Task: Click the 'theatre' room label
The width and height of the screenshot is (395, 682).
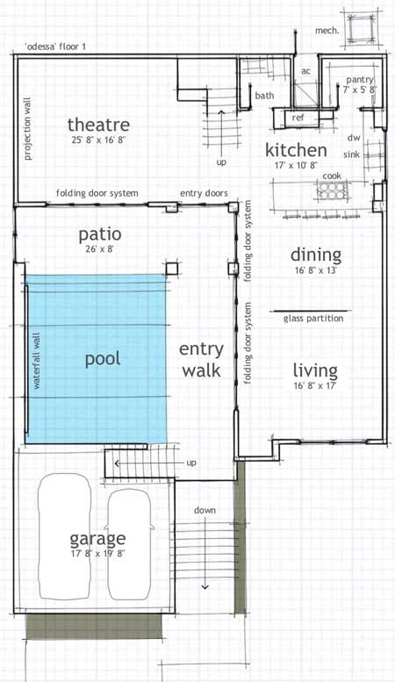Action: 98,125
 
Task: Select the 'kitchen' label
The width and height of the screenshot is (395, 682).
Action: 297,150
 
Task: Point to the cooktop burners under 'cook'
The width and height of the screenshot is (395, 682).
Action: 331,192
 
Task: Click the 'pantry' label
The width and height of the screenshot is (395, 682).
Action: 360,79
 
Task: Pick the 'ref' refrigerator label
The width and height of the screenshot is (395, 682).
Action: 298,117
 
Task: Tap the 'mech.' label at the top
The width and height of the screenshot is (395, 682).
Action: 327,30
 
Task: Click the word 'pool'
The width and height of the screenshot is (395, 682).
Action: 103,359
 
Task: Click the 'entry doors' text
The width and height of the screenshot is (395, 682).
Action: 204,194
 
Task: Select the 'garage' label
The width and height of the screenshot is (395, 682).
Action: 97,538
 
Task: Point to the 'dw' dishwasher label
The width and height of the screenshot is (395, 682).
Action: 355,138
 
